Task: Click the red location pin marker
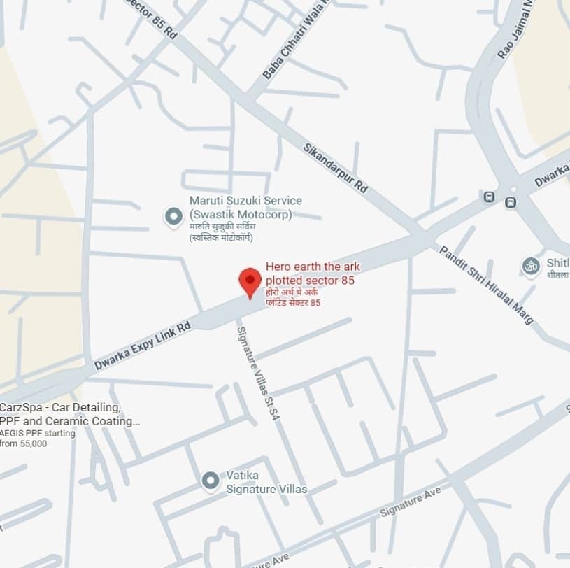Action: (x=250, y=281)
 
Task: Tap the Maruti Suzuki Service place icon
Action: (x=173, y=217)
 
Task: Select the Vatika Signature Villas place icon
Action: (x=210, y=481)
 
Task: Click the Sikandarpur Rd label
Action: (x=335, y=168)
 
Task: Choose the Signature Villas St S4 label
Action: (x=257, y=372)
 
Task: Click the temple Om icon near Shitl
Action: (x=531, y=266)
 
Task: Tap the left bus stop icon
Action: (x=490, y=197)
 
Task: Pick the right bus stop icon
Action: (x=511, y=203)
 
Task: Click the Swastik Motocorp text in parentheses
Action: (x=241, y=214)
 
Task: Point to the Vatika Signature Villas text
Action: (x=266, y=482)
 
